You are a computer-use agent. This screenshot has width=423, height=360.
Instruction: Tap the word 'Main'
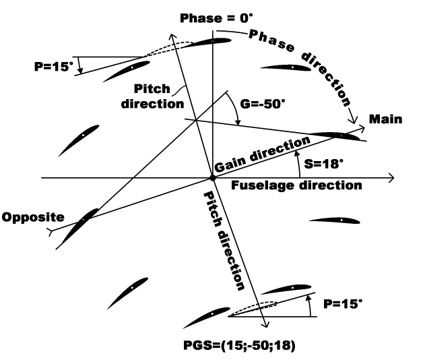386,119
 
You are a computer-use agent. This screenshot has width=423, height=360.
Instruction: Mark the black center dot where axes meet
212,178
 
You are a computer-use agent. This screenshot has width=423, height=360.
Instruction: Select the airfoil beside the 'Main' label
337,136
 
